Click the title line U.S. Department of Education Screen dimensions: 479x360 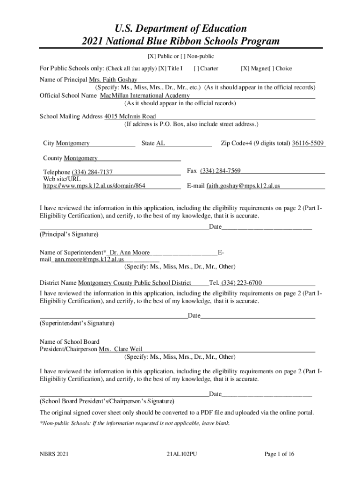(x=180, y=28)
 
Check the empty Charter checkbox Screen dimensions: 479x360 (x=196, y=69)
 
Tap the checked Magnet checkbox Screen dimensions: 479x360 (x=245, y=69)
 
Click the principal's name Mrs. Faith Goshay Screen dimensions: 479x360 (x=116, y=80)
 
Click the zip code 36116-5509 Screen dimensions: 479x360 (x=308, y=143)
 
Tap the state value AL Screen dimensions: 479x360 (x=160, y=143)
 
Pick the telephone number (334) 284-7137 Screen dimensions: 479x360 (x=92, y=173)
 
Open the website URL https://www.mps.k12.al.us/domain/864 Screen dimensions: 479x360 (x=92, y=186)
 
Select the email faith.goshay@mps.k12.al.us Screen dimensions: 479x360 (x=243, y=186)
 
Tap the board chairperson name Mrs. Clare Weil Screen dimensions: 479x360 (x=121, y=349)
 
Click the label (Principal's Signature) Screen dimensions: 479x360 (x=69, y=234)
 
